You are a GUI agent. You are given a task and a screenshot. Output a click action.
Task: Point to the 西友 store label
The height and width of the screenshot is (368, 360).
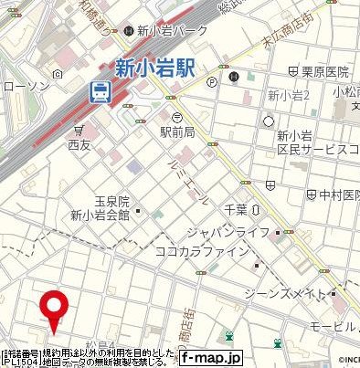(80, 143)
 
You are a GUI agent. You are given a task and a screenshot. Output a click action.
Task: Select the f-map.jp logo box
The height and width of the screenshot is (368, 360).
(209, 358)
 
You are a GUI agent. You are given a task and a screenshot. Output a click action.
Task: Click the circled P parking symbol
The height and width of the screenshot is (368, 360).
(212, 80)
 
